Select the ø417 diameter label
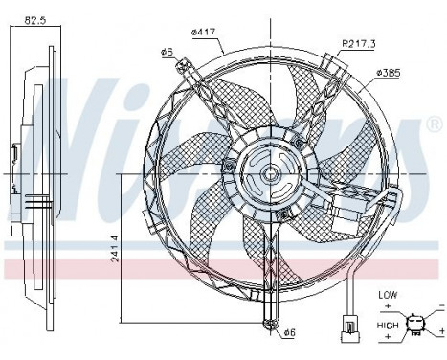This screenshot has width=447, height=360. pos(205,34)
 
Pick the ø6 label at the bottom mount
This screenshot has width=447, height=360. pos(290,331)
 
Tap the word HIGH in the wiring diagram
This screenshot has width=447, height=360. pos(387,326)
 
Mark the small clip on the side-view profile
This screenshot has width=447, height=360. pos(16,153)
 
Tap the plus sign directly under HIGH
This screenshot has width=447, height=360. pos(386,339)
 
